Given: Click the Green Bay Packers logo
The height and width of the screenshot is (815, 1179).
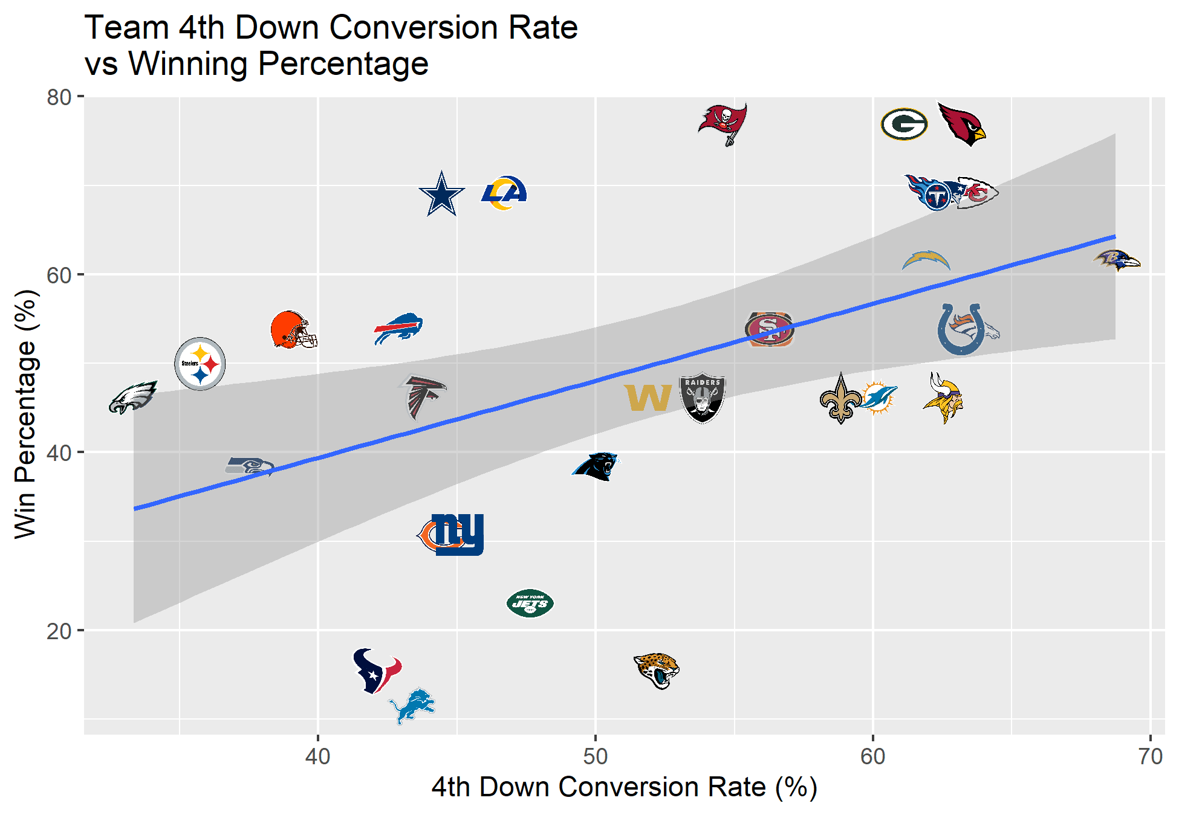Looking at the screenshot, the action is (x=904, y=124).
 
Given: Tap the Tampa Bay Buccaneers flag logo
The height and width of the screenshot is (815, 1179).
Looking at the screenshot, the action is (x=723, y=124).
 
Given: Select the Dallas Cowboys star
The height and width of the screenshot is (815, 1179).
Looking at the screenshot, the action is (x=442, y=194).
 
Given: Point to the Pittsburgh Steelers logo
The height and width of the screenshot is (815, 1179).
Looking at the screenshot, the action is (x=200, y=364).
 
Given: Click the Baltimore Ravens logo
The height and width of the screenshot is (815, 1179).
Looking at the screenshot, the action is (x=1116, y=261).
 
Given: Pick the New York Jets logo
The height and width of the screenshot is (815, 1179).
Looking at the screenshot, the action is (x=530, y=603).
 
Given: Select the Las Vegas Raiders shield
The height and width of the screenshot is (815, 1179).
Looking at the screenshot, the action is (x=703, y=398).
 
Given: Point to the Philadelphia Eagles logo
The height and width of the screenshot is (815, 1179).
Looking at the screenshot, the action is (x=133, y=398).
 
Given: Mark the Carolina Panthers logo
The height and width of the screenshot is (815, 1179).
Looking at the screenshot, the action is (x=596, y=466).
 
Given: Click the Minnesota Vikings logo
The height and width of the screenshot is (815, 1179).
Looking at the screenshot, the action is (x=943, y=398).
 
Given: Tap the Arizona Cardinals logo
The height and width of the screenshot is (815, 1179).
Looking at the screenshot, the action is (x=961, y=124).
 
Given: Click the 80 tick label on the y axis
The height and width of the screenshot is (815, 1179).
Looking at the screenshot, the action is (x=59, y=97).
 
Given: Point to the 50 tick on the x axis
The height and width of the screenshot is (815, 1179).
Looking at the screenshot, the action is (x=596, y=756).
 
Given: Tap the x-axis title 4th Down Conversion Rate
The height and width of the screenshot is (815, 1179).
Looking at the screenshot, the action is (x=599, y=787).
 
